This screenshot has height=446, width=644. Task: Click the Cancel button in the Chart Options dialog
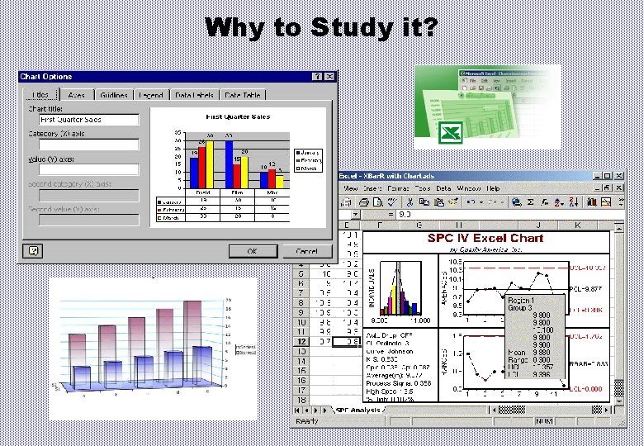click(x=305, y=250)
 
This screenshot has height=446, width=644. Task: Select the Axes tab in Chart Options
click(x=77, y=96)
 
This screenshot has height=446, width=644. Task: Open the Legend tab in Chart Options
click(x=151, y=96)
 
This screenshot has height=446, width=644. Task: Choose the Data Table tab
click(x=243, y=96)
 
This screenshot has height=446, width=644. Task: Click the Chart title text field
click(x=85, y=120)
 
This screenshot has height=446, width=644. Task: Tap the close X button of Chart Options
click(x=329, y=77)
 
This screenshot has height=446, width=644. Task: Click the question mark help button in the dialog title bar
click(x=316, y=77)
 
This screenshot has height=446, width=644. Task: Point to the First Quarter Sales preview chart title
click(x=237, y=117)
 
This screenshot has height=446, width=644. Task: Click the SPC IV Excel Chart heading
click(x=485, y=238)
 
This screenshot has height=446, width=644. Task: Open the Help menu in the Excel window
click(x=493, y=188)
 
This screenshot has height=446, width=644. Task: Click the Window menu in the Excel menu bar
click(x=468, y=188)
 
